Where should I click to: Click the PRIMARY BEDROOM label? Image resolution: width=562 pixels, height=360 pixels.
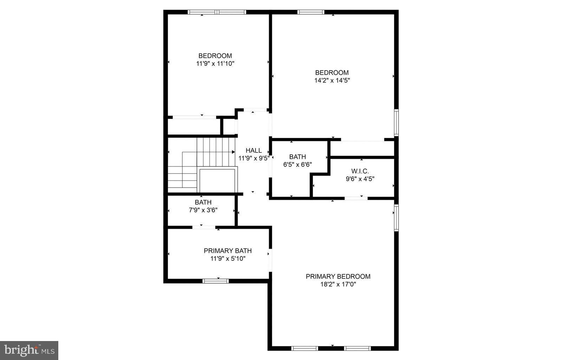tap(338, 276)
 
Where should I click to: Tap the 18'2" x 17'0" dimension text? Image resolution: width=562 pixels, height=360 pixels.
tap(338, 284)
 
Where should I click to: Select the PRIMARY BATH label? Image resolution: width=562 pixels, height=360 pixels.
tap(228, 251)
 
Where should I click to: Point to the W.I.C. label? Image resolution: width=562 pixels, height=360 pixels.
tap(360, 171)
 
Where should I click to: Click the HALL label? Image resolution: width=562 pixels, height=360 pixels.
tap(254, 150)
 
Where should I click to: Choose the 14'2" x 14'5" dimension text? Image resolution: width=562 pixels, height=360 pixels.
tap(332, 80)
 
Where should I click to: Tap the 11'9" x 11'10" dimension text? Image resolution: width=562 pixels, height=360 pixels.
tap(215, 64)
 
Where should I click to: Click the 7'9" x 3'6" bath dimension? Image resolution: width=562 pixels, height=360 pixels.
tap(203, 210)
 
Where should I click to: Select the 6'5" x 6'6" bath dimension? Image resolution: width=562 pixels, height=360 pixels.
tap(298, 164)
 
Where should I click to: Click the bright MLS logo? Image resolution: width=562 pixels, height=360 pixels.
tap(29, 350)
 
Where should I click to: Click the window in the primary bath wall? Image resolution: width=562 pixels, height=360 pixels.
tap(216, 281)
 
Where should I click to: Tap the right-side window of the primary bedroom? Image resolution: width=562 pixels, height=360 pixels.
tap(396, 218)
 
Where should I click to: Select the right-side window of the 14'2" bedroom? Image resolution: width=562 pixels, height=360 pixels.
tap(396, 122)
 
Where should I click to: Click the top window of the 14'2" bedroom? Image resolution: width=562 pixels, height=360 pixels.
tap(311, 12)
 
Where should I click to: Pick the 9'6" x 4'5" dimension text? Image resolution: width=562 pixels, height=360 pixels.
tap(360, 179)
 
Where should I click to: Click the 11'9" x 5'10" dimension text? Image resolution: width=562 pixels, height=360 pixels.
tap(228, 258)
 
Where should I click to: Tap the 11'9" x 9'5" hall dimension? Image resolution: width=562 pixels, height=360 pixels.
tap(254, 158)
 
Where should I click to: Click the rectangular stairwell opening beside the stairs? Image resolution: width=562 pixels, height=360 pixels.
tap(217, 181)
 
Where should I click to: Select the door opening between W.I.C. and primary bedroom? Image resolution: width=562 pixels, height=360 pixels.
tap(356, 198)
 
